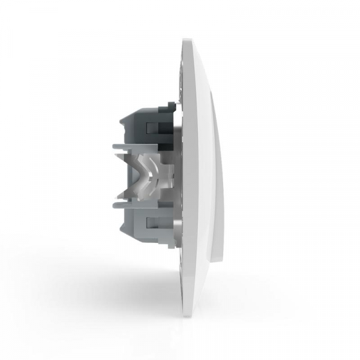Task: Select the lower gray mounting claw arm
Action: tap(123, 205)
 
